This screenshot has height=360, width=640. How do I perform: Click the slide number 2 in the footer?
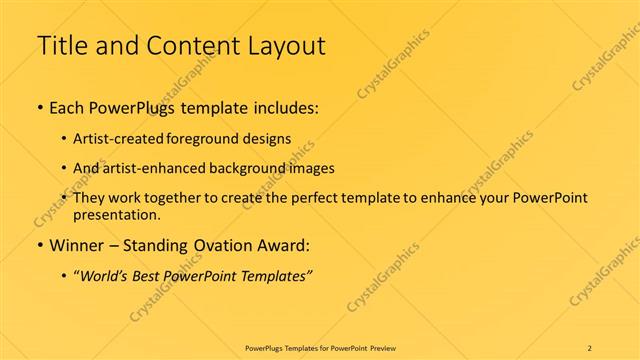pos(590,348)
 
